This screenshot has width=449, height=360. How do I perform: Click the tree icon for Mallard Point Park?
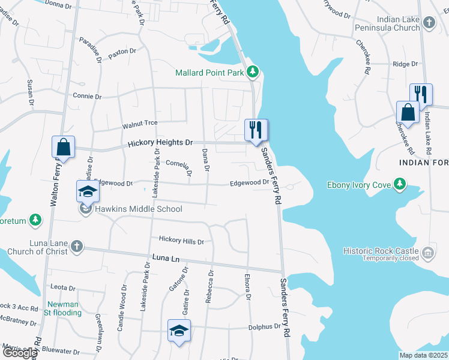[x=253, y=73]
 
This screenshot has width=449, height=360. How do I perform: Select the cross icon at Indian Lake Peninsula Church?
[x=429, y=23]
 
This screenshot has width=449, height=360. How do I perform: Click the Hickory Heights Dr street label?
[x=160, y=143]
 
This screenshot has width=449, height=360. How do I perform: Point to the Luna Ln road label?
[x=166, y=257]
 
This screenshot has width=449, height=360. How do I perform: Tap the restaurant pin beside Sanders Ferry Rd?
[x=256, y=130]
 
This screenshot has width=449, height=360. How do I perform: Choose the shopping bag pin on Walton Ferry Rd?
[x=63, y=147]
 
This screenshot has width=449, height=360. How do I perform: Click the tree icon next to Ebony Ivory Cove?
[x=400, y=184]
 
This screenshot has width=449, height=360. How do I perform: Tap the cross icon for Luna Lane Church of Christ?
[x=76, y=246]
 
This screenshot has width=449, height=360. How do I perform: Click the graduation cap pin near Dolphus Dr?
[x=179, y=331]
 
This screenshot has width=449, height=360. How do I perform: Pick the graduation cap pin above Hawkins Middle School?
[x=88, y=192]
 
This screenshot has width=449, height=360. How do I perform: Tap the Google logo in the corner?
[x=19, y=353]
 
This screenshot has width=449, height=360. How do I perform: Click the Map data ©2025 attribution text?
[x=423, y=355]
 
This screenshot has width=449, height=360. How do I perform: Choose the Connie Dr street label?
[x=88, y=96]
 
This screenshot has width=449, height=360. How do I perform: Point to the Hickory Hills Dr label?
[x=181, y=241]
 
